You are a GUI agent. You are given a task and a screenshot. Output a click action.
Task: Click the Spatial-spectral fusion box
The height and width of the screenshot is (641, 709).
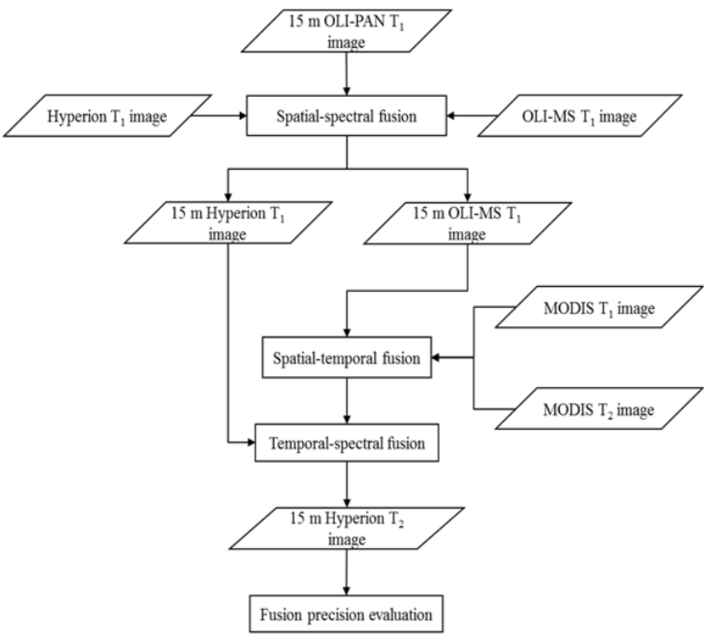coord(347,116)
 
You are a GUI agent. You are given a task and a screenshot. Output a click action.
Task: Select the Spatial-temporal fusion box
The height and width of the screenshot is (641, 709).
coord(347,358)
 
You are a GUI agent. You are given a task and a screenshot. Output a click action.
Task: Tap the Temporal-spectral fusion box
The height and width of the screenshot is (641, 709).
coord(347,443)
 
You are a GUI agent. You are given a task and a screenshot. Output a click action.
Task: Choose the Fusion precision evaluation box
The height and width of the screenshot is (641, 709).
coord(347,614)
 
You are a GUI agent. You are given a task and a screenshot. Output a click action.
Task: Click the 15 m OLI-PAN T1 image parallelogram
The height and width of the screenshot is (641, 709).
coord(347,31)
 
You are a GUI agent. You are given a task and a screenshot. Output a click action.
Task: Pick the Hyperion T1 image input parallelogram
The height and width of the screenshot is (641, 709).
coord(107,116)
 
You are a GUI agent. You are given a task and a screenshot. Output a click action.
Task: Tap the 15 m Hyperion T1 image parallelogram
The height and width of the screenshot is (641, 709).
coord(228,223)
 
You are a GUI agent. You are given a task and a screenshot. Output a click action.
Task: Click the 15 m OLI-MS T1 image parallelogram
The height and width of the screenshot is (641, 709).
coord(467,223)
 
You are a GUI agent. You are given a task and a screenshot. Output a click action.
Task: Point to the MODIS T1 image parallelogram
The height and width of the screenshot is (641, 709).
coord(599,308)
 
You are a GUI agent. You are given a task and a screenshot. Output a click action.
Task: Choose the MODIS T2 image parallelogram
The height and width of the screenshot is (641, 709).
coord(599,409)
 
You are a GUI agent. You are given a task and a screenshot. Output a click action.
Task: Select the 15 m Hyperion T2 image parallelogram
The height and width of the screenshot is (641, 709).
coord(347,528)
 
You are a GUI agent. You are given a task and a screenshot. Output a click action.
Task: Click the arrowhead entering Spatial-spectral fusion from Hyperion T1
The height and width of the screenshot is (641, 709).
coord(243,115)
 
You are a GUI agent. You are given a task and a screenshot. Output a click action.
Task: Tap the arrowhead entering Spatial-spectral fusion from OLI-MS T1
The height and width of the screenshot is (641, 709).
coord(450,115)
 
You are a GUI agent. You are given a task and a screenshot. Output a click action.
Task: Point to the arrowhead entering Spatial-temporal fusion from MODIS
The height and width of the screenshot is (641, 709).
coord(435,358)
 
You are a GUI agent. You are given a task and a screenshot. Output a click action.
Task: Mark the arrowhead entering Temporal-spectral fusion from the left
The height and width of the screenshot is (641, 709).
coord(251,443)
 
